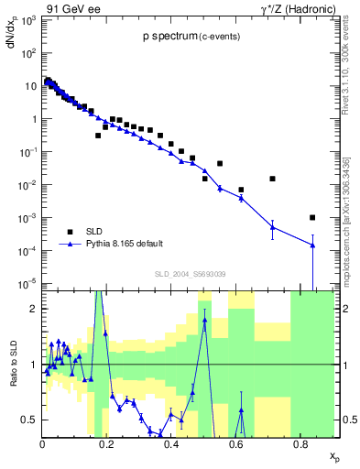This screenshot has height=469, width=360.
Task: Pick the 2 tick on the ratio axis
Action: click(x=33, y=309)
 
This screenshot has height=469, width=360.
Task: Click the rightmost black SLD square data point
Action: click(x=313, y=217)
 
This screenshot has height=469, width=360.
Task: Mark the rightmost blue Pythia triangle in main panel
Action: click(x=313, y=245)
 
